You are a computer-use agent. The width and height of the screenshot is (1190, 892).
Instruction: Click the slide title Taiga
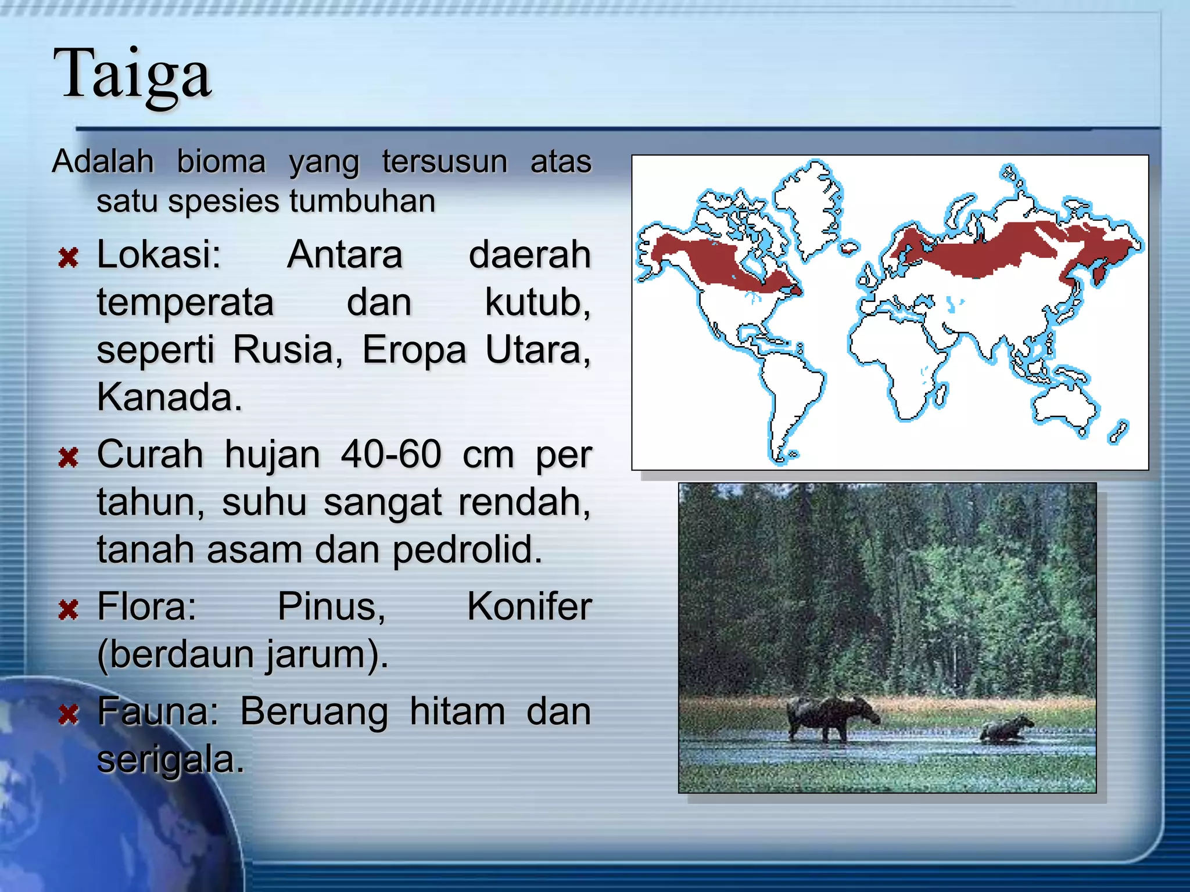tap(132, 74)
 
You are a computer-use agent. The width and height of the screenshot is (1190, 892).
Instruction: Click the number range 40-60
tap(391, 454)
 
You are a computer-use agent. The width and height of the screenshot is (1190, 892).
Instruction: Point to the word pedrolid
tap(467, 549)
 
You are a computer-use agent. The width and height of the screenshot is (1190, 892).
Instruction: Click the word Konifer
tap(529, 607)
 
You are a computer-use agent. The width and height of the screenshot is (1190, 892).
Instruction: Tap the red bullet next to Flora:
tap(68, 610)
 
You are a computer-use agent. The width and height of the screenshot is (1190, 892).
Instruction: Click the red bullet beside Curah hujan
tap(68, 458)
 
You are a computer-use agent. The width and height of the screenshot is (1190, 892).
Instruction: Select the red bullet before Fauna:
tap(68, 714)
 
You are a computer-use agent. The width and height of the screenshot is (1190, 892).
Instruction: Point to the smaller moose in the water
tap(1006, 729)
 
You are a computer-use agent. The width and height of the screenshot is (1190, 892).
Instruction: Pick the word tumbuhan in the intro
tap(362, 202)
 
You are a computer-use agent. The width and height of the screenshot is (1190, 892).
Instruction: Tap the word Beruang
tap(314, 712)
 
